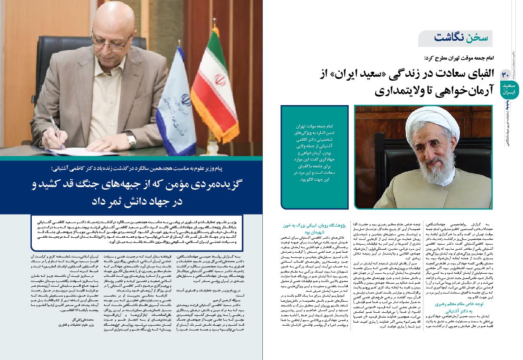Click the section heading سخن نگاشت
[456, 38]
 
